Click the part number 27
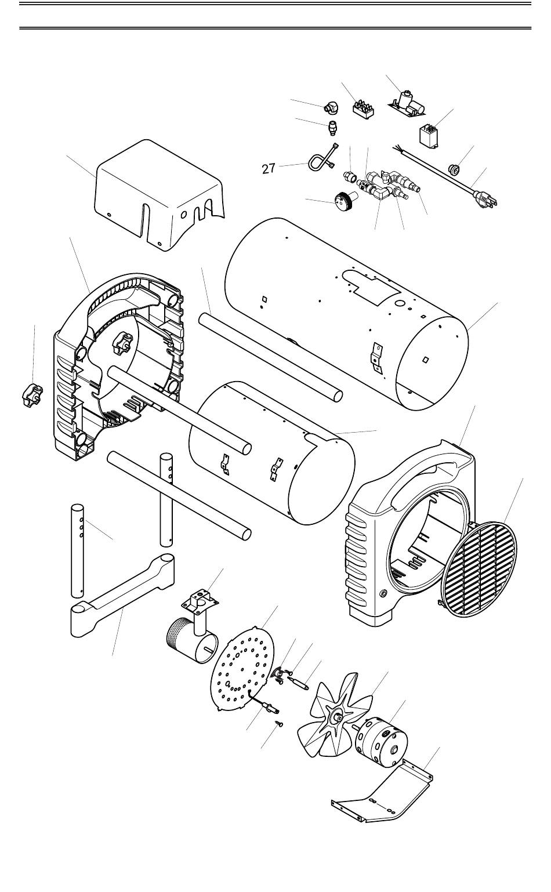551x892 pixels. click(x=268, y=169)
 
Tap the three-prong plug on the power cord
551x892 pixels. click(x=486, y=199)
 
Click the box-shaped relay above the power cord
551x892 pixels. click(x=430, y=136)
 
